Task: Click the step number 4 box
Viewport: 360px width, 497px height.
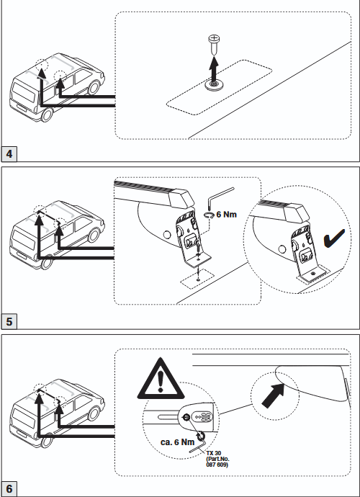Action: coord(9,153)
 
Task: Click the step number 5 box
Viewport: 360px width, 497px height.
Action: coord(9,321)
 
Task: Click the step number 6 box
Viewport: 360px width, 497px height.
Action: coord(9,489)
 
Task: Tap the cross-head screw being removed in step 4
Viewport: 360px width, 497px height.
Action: coord(214,45)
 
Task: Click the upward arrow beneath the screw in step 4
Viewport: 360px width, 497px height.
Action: coord(214,70)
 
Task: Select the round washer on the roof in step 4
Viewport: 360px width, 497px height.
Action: coord(215,84)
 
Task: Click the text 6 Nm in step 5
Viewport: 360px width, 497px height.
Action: coord(226,215)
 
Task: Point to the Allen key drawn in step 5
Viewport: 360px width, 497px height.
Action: coord(220,196)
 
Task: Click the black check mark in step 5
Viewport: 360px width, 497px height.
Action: coord(333,238)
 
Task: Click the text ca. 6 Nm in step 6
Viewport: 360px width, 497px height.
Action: coord(177,442)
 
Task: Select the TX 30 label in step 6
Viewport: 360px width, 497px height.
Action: coord(214,453)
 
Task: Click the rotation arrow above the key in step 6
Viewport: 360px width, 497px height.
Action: coord(200,436)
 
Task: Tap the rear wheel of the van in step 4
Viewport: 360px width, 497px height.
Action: coord(47,115)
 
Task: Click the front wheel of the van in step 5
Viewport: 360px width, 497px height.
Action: coord(94,236)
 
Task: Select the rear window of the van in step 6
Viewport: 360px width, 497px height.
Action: coord(24,415)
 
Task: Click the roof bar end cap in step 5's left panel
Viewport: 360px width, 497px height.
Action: coord(181,198)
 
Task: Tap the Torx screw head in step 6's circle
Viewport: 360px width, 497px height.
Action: coord(186,418)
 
